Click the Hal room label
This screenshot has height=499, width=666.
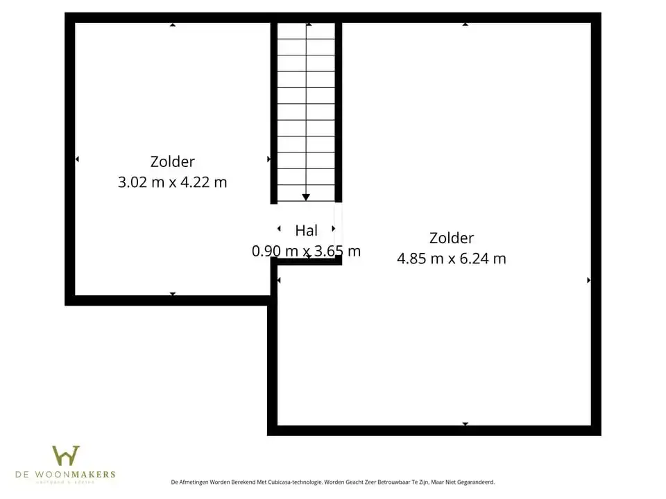coord(306,231)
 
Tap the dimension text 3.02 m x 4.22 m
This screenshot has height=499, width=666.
coord(173,182)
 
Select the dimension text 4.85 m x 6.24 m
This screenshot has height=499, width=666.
coord(451,259)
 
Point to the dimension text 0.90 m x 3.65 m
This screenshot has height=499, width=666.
coord(306,251)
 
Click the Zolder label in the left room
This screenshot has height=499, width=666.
coord(173,161)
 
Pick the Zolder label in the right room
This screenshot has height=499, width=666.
coord(451,238)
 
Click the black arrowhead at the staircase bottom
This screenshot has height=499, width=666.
coord(306,198)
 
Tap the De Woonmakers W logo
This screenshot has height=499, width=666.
coord(66,455)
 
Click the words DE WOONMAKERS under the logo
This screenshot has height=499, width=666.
coord(66,475)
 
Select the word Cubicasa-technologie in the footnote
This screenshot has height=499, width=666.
coord(292,482)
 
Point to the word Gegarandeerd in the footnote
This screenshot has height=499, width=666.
coord(475,482)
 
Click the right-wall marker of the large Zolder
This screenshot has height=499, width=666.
coord(588,280)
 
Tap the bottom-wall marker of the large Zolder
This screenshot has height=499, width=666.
coord(466,423)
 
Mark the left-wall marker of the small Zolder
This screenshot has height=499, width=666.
coord(77,159)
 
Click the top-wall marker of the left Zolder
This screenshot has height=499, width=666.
coord(173,25)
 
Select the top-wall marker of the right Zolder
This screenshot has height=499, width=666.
coord(466,25)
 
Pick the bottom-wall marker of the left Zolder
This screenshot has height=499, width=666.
coord(173,294)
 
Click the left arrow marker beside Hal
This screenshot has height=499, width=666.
coord(279,229)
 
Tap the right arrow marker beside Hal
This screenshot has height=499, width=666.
coord(334,229)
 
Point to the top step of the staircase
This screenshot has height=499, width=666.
coord(306,31)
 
